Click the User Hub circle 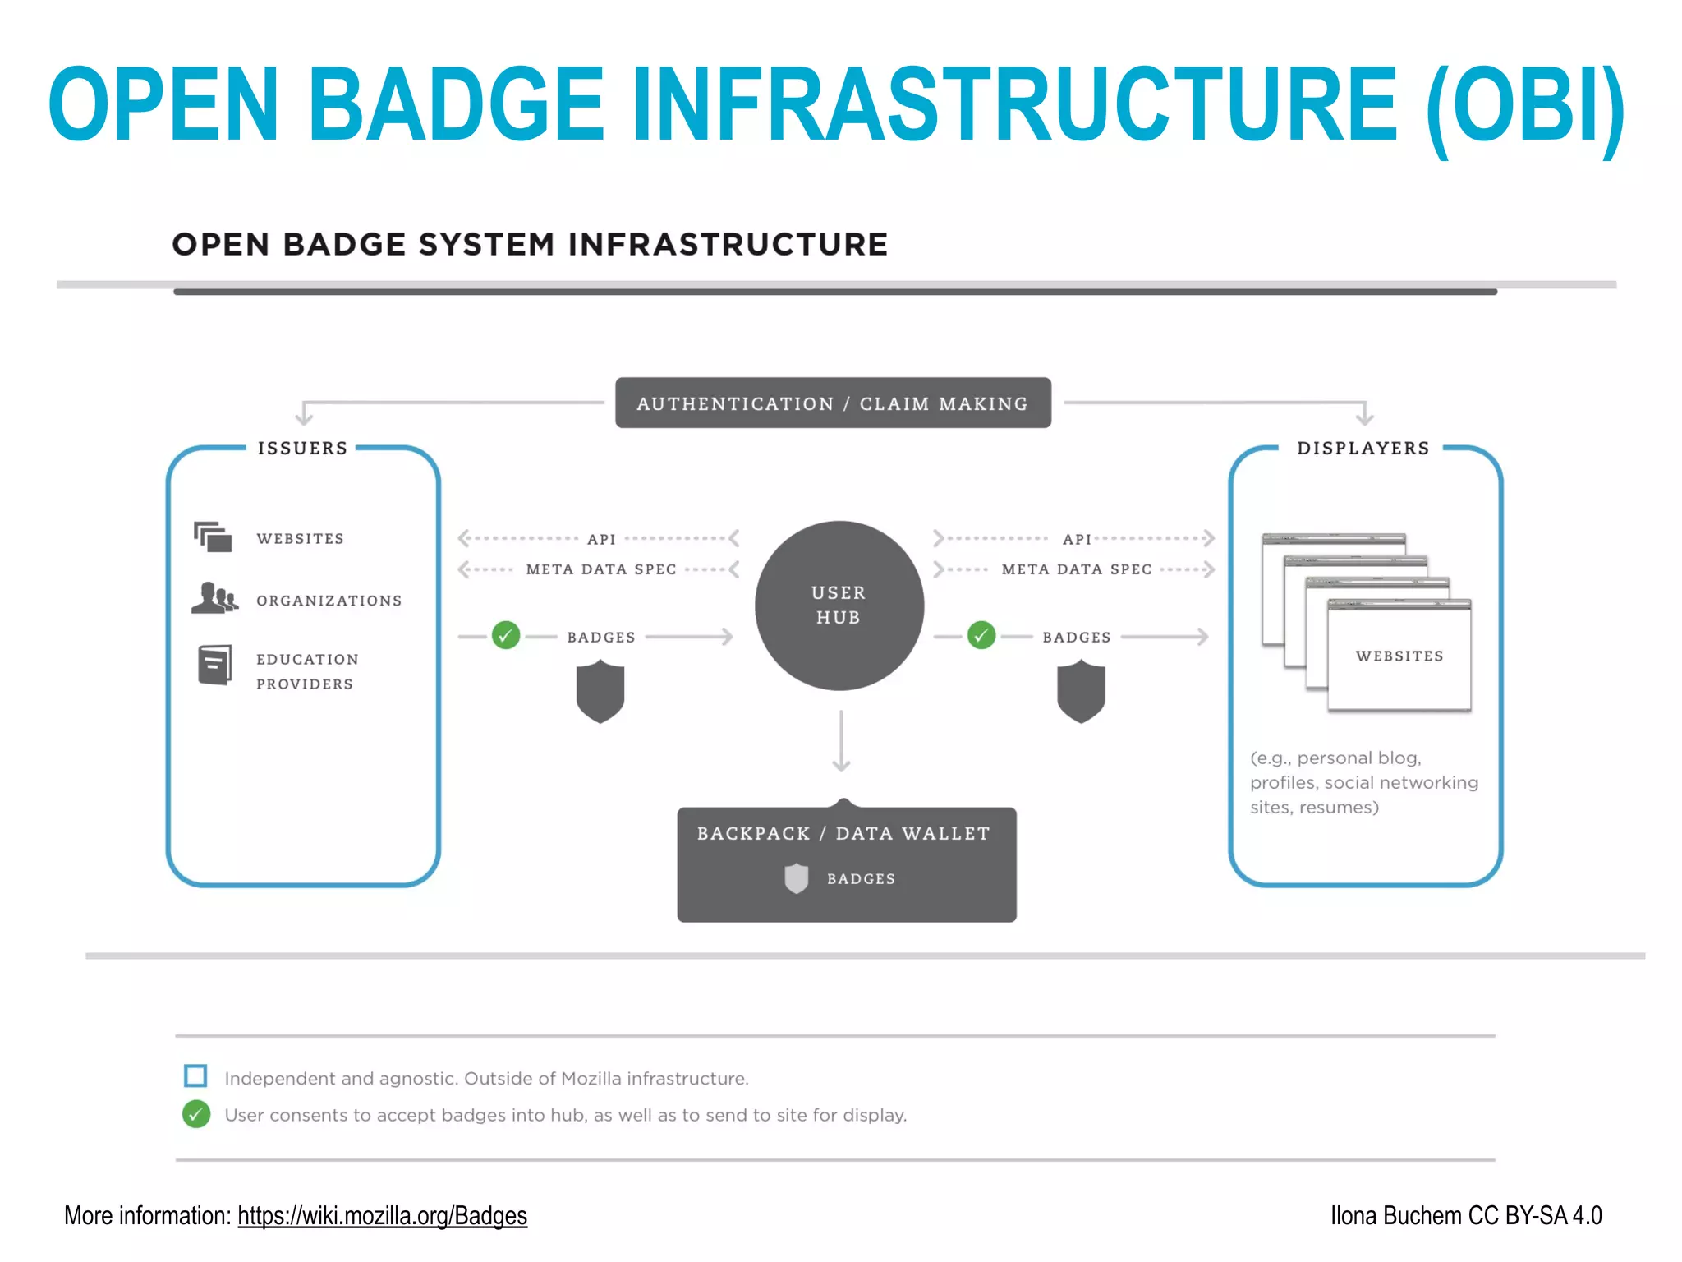point(839,606)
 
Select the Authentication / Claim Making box point(832,403)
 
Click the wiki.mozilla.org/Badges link point(382,1215)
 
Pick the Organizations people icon point(214,598)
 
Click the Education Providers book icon point(214,665)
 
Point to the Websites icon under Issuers point(213,537)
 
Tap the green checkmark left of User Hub point(506,635)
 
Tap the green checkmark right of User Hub point(981,635)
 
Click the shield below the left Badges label point(600,693)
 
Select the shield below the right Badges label point(1081,693)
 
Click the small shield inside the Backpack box point(796,878)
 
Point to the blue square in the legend point(195,1075)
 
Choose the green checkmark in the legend point(195,1114)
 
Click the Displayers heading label point(1363,449)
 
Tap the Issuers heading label point(302,449)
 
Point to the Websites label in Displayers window point(1399,656)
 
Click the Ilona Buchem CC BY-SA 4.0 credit point(1465,1215)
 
